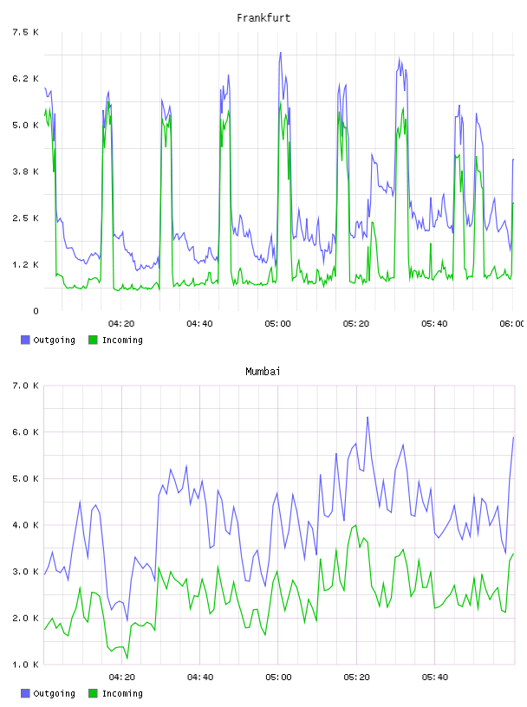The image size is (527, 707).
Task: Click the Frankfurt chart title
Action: point(263,18)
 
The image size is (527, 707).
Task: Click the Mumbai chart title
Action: point(263,372)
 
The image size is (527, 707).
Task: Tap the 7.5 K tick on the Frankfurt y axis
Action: point(25,32)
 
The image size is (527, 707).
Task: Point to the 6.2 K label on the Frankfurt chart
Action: point(25,79)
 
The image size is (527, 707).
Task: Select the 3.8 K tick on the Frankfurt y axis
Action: point(25,172)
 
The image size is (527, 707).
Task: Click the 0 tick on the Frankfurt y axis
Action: point(36,311)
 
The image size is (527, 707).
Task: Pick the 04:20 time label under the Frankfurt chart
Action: point(121,323)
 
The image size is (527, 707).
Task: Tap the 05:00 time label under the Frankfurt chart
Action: point(278,323)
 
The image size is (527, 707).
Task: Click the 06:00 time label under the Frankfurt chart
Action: point(512,323)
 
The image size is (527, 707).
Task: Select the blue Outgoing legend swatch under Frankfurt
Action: point(25,340)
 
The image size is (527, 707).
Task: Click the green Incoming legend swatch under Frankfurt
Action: point(93,340)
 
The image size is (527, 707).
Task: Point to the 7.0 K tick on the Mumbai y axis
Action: point(25,386)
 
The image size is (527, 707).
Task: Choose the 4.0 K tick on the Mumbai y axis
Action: point(25,525)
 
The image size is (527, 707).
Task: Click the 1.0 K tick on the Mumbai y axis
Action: point(25,665)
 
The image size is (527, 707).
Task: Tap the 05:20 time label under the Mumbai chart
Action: point(356,677)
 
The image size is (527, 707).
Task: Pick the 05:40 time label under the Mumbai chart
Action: point(435,677)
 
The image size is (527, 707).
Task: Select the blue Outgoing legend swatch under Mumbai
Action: point(25,693)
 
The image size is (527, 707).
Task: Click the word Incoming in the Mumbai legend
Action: point(122,693)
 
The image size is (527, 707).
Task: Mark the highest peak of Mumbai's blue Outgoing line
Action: point(368,417)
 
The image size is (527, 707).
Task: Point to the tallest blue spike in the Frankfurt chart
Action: point(280,53)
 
